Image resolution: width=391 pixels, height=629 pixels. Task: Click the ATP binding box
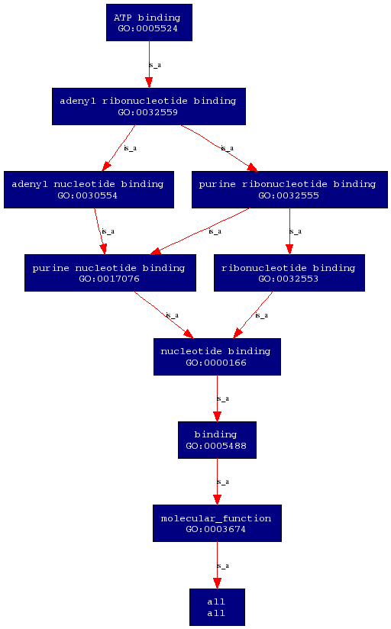pos(149,22)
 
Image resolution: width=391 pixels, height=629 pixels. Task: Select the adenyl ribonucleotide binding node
pos(148,106)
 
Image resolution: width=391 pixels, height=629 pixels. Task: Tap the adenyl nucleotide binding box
pos(89,190)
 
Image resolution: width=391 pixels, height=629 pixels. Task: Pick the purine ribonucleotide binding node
pos(289,190)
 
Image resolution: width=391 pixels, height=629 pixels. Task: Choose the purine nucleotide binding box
pos(110,273)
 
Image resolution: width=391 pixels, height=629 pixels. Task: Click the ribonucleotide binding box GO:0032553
pos(289,273)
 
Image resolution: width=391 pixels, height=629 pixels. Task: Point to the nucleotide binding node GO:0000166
pos(217,356)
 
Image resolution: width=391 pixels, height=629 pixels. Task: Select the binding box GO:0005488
pos(217,440)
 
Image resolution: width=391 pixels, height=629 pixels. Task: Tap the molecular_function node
pos(217,523)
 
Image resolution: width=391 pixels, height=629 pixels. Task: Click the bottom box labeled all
pos(217,607)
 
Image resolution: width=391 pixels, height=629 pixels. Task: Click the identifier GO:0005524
pos(147,28)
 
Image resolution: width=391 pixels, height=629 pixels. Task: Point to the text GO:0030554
pos(88,195)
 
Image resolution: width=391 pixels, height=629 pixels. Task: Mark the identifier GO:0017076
pos(109,279)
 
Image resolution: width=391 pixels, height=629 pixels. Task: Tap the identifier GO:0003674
pos(215,529)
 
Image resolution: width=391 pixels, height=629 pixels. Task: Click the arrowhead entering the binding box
pos(217,416)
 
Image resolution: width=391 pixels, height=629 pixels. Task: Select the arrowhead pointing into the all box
pos(217,583)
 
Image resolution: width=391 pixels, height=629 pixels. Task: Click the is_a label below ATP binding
pos(155,65)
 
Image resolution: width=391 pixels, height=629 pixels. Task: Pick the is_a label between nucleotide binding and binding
pos(223,398)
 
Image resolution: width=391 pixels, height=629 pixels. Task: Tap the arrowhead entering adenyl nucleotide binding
pos(106,166)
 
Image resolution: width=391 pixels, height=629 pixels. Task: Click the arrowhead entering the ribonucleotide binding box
pos(289,249)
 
